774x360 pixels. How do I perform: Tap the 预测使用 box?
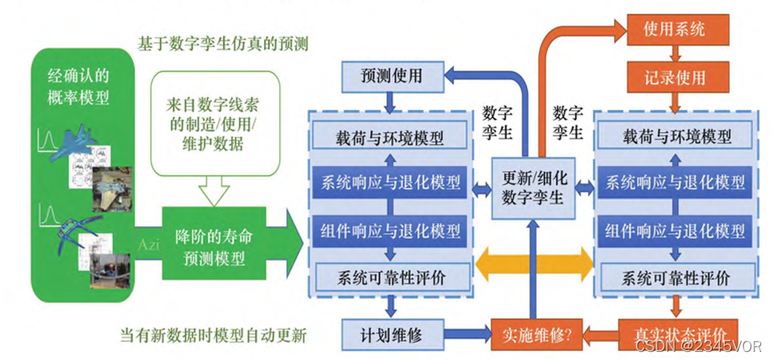click(392, 77)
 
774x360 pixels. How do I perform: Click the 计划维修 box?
click(392, 333)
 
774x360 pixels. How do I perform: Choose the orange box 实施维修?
click(532, 333)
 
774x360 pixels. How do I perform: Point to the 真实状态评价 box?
click(676, 333)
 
